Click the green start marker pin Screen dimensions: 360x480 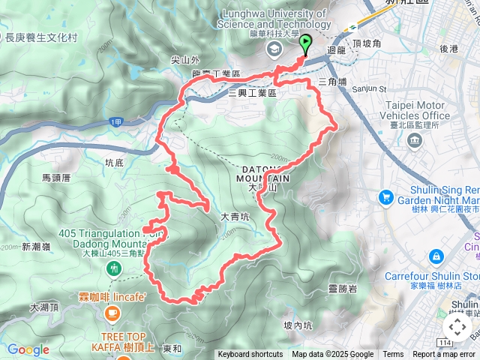pos(306,46)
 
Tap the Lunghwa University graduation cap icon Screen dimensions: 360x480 pos(273,48)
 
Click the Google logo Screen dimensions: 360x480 pos(28,349)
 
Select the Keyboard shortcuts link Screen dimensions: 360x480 pos(250,355)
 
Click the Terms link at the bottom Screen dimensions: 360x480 pos(393,355)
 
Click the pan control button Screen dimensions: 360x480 pos(457,327)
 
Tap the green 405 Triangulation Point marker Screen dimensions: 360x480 pos(114,268)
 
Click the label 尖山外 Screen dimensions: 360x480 pos(185,60)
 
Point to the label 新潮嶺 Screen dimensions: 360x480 pos(36,247)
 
